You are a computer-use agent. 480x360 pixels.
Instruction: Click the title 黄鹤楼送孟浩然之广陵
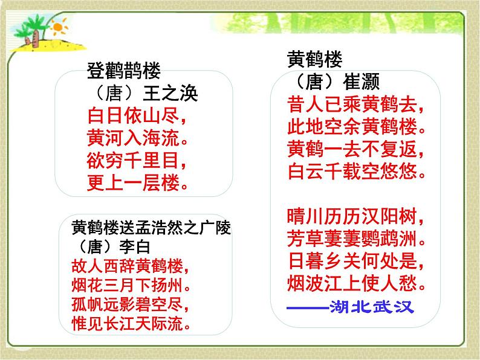pos(151,228)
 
